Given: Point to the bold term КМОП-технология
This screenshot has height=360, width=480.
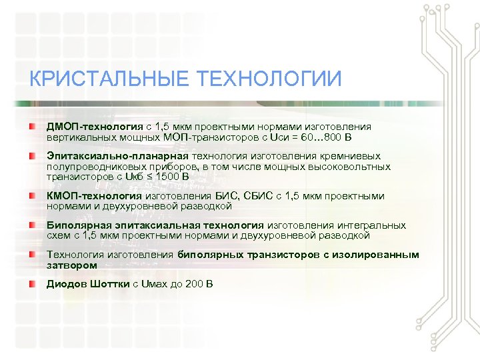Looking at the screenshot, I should pyautogui.click(x=94, y=196).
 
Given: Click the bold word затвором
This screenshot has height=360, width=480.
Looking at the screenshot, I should pyautogui.click(x=72, y=265).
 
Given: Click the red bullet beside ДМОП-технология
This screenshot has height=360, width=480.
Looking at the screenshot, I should pyautogui.click(x=32, y=126).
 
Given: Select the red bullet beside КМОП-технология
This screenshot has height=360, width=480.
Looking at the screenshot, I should pyautogui.click(x=32, y=196).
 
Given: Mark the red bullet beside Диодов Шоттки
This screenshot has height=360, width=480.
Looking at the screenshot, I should pyautogui.click(x=32, y=284).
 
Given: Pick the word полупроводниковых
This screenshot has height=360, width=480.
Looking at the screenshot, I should pyautogui.click(x=92, y=167).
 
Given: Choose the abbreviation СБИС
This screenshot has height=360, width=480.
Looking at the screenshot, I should pyautogui.click(x=252, y=196).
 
